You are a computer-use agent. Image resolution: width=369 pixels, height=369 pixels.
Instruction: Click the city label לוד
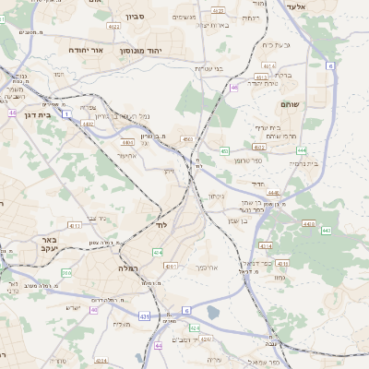[x=160, y=225]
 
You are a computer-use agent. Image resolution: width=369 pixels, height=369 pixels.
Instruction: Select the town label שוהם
[x=290, y=105]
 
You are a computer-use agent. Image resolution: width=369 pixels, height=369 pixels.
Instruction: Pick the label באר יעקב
[x=50, y=244]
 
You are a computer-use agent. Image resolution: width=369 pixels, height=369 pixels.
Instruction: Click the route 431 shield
[x=145, y=316]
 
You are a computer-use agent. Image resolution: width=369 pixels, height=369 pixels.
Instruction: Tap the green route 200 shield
[x=67, y=273]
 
